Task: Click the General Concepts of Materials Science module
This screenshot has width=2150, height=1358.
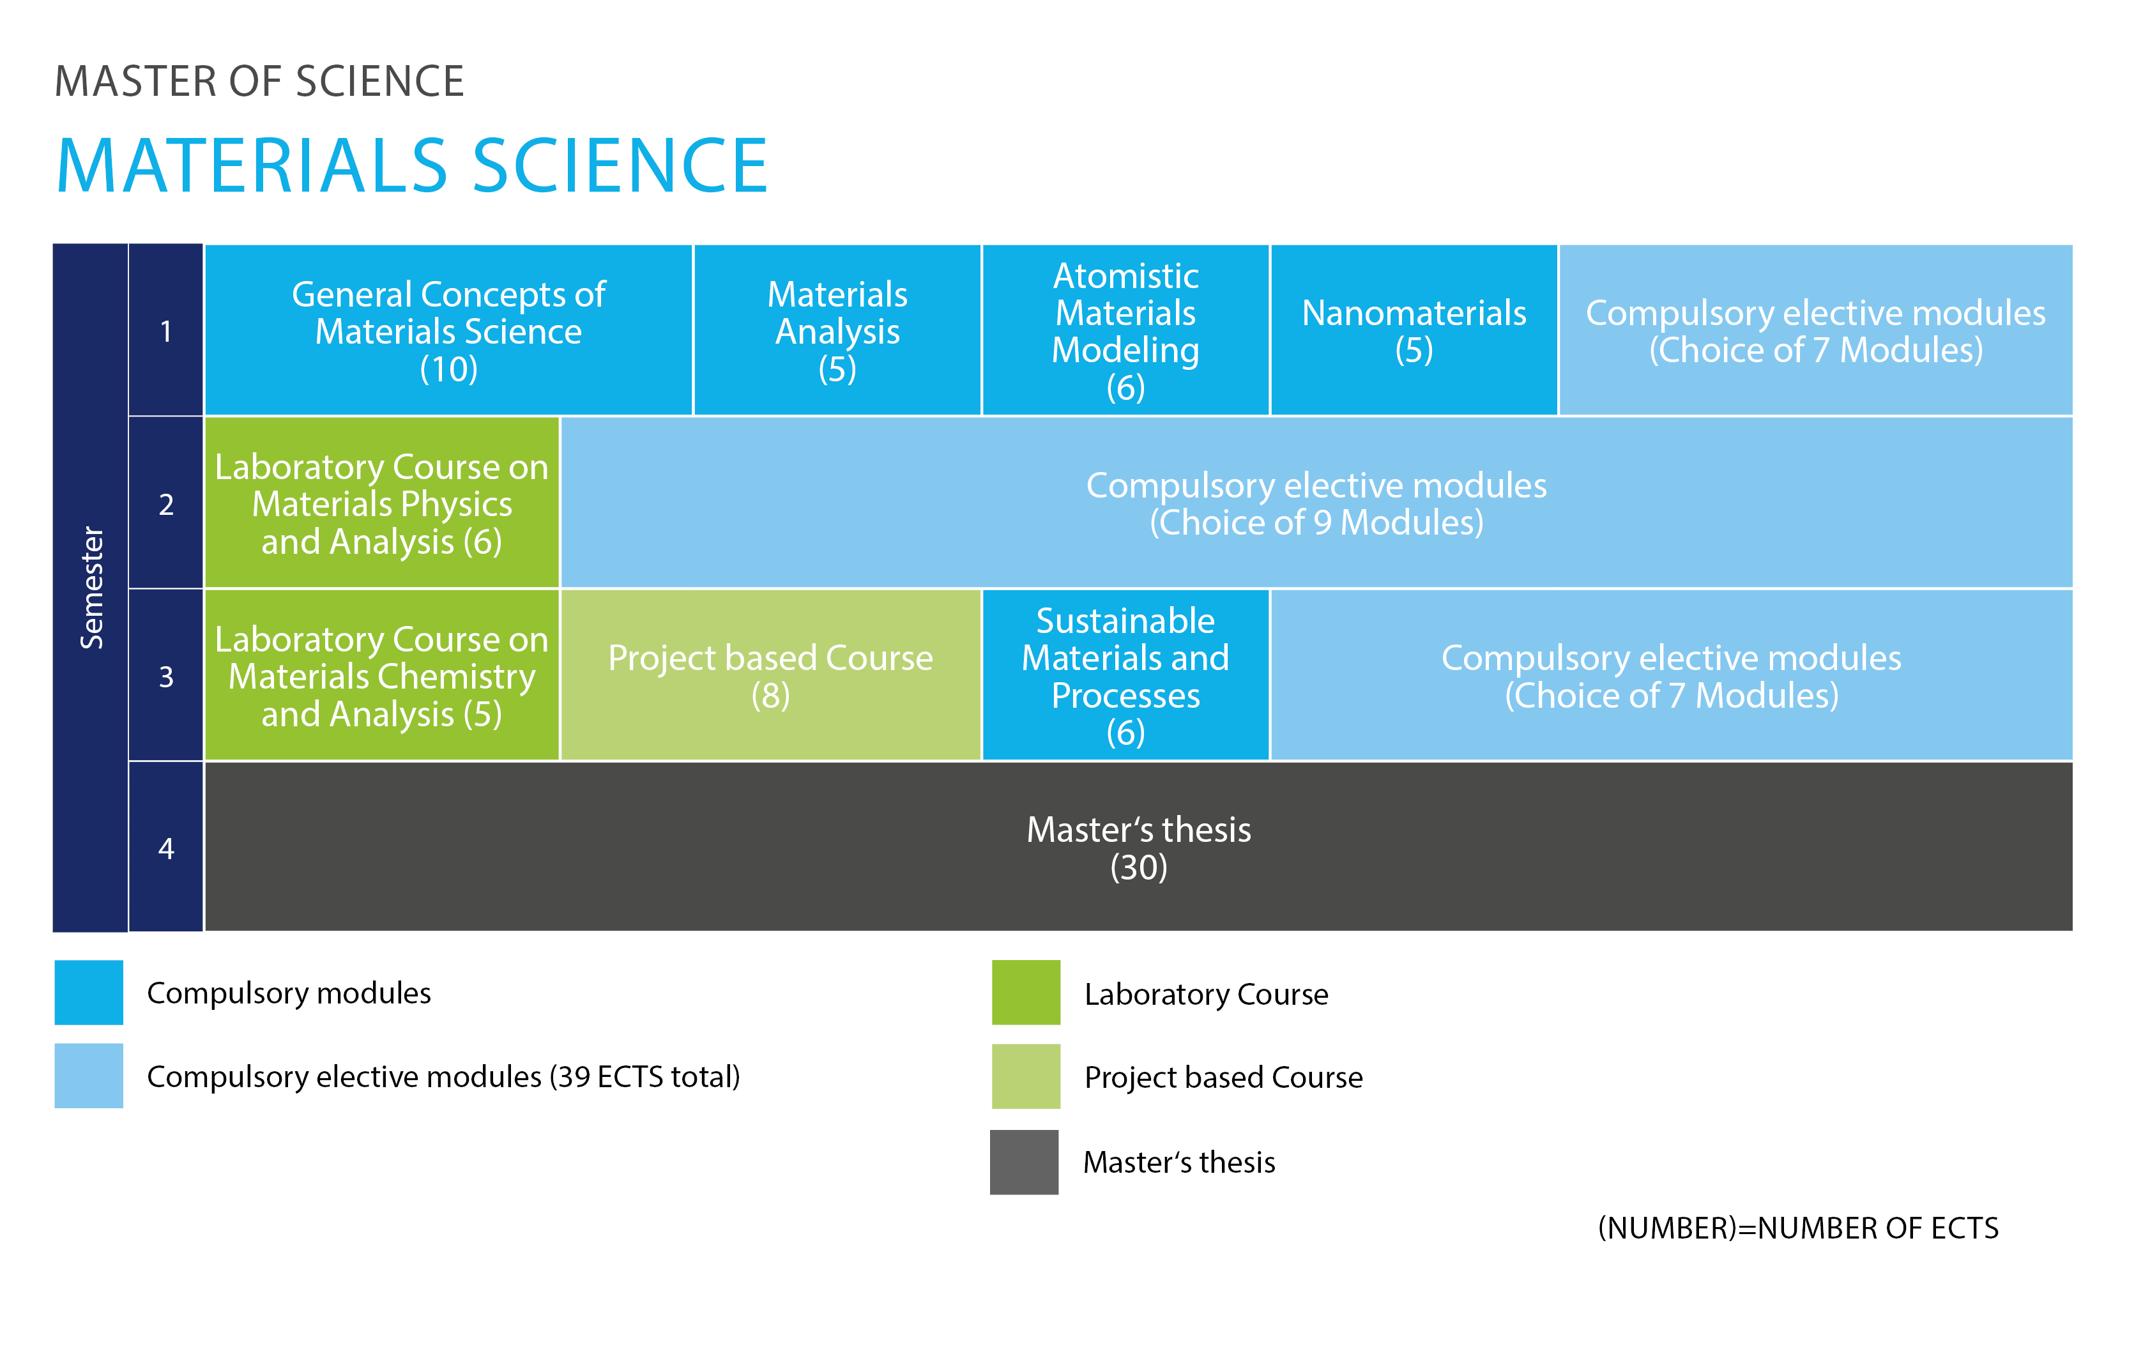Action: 448,330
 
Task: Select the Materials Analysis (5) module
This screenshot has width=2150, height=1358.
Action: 837,330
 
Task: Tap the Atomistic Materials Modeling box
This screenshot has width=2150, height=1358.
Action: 1125,330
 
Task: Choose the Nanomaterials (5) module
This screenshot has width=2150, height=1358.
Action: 1414,330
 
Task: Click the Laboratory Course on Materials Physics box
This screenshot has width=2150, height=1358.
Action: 382,503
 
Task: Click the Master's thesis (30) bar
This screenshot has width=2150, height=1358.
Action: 1138,846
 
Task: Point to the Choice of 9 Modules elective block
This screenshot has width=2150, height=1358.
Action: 1316,503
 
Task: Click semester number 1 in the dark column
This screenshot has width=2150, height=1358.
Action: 166,332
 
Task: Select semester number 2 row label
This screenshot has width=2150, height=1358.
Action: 166,505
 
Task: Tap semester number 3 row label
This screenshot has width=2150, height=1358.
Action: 166,677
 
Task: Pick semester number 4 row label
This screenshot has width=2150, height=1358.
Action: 166,848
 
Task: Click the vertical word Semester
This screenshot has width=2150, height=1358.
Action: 92,588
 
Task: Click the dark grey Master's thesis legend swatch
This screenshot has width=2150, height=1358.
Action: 1024,1161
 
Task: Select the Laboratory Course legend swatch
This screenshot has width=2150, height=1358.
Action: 1026,992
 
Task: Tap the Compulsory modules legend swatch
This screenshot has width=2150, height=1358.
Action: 88,992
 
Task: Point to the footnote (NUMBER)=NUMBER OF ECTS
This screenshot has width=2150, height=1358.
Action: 1797,1228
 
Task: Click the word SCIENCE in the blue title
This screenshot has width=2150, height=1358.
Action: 620,166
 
